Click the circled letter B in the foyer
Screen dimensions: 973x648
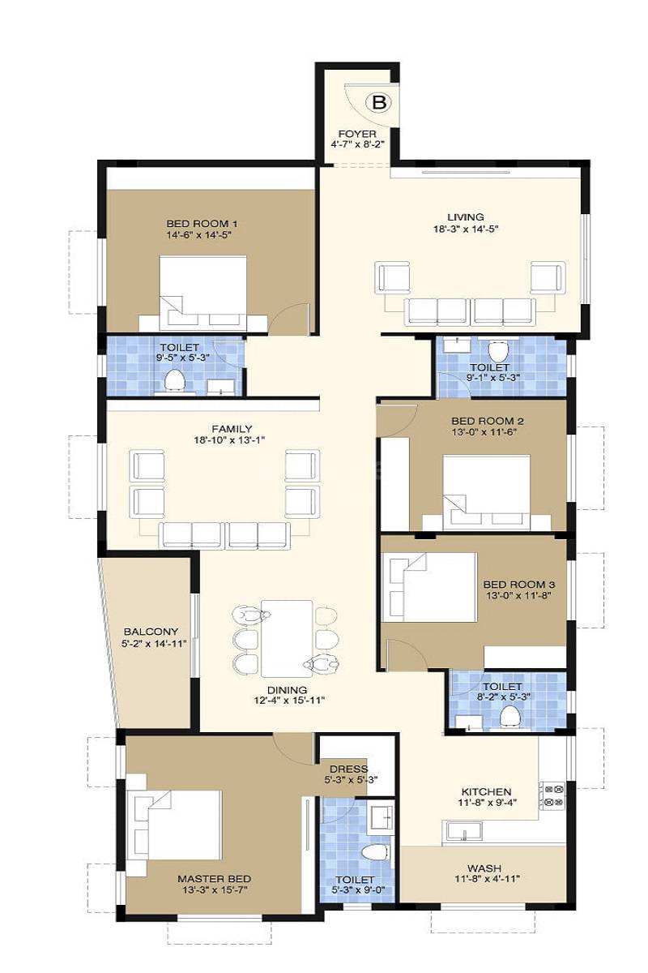click(x=378, y=102)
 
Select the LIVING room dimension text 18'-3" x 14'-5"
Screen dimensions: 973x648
click(x=465, y=229)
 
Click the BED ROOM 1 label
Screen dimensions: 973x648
click(x=202, y=223)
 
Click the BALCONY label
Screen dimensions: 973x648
click(x=151, y=632)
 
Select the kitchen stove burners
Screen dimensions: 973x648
click(x=554, y=795)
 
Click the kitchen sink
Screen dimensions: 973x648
click(x=463, y=830)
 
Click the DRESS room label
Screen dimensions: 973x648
click(x=348, y=769)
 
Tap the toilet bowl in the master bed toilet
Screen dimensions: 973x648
click(x=374, y=852)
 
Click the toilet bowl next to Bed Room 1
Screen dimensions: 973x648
click(x=174, y=379)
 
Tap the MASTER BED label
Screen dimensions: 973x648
click(x=214, y=878)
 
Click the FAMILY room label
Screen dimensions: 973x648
click(x=232, y=429)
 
